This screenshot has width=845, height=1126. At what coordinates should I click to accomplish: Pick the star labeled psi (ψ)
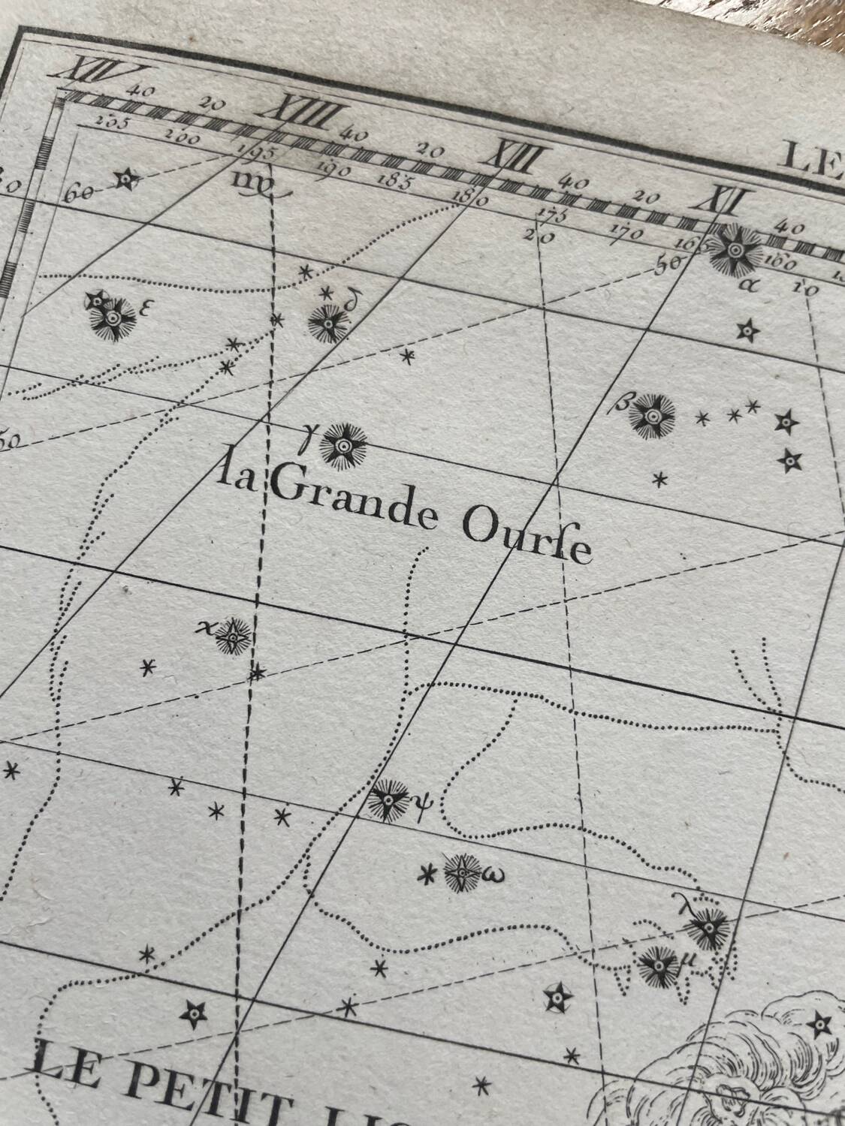(391, 799)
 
